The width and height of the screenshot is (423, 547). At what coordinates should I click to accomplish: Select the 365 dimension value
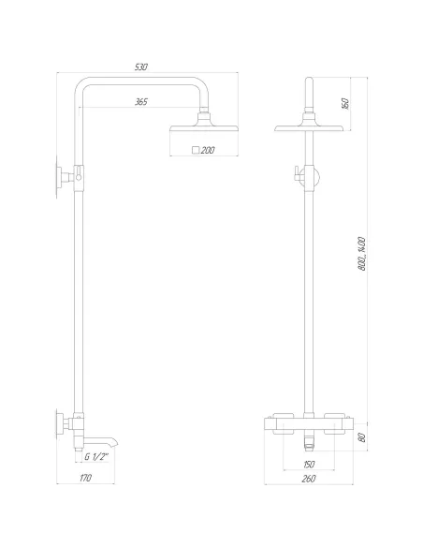[140, 101]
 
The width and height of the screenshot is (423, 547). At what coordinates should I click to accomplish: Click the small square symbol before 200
[195, 150]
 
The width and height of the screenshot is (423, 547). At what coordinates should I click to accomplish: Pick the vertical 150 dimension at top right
[371, 103]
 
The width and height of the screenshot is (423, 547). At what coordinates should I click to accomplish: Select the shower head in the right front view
[309, 127]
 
